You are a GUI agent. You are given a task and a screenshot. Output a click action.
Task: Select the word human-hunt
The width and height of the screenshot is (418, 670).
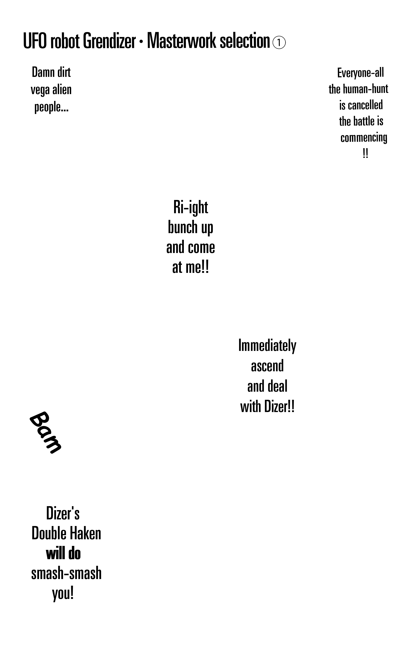tap(366, 89)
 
